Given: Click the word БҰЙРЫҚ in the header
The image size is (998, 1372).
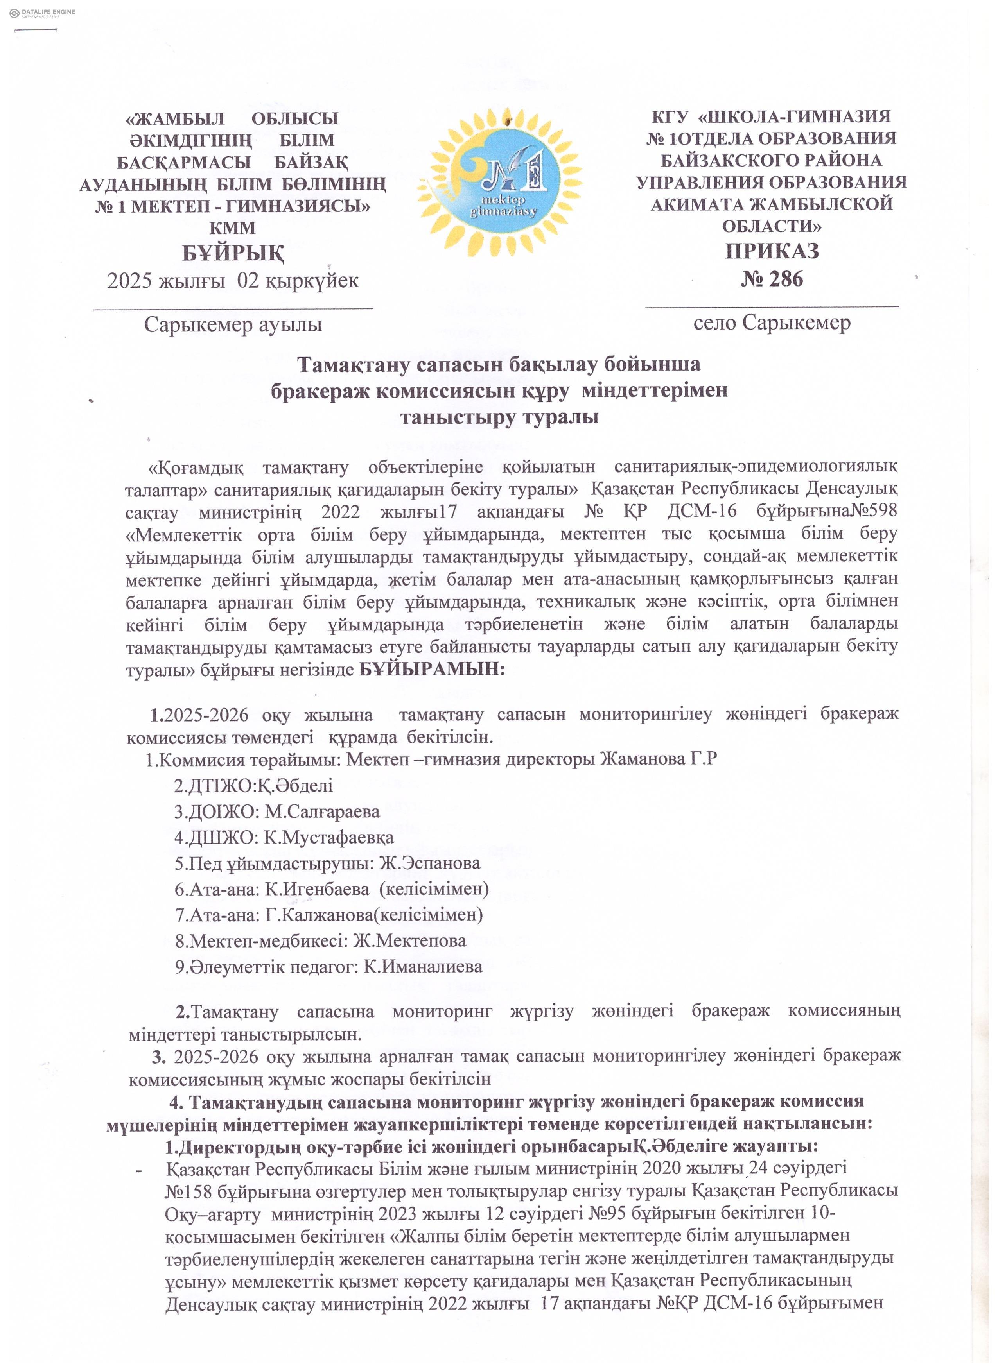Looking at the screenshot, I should (233, 253).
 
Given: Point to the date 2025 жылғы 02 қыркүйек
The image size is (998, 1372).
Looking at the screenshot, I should (233, 281).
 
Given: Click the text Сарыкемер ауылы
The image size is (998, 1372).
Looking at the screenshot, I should (233, 325).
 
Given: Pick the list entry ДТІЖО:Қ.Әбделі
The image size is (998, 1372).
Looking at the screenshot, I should (253, 785).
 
